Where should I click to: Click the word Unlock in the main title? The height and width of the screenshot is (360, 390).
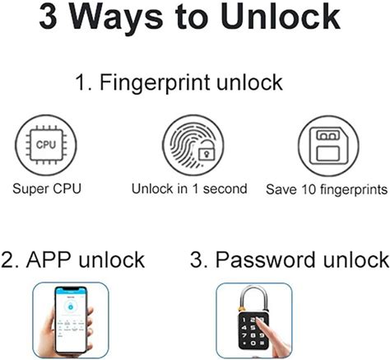tap(281, 17)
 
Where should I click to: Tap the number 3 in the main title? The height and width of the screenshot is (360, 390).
tap(48, 17)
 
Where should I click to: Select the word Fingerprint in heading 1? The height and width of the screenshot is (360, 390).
tap(155, 82)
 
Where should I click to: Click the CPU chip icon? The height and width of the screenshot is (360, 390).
tap(46, 145)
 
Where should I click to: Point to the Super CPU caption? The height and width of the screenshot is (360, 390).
tap(47, 189)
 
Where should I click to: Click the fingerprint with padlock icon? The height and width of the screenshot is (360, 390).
tap(193, 145)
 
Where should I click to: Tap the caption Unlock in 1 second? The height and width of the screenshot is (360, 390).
tap(189, 189)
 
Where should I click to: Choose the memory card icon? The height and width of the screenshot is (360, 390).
tap(328, 146)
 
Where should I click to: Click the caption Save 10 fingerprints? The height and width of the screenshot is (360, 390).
tap(327, 189)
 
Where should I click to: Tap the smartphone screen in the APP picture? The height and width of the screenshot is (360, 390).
tap(70, 320)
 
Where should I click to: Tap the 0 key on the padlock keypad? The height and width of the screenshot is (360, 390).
tap(253, 344)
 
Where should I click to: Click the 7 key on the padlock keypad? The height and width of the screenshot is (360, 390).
tap(244, 335)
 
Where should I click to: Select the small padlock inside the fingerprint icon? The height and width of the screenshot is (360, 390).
tap(207, 151)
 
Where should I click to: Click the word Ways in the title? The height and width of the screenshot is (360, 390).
tap(116, 18)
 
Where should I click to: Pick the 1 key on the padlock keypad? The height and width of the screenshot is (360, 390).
tap(244, 320)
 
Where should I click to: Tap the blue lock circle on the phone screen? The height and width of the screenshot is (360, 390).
tap(71, 306)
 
